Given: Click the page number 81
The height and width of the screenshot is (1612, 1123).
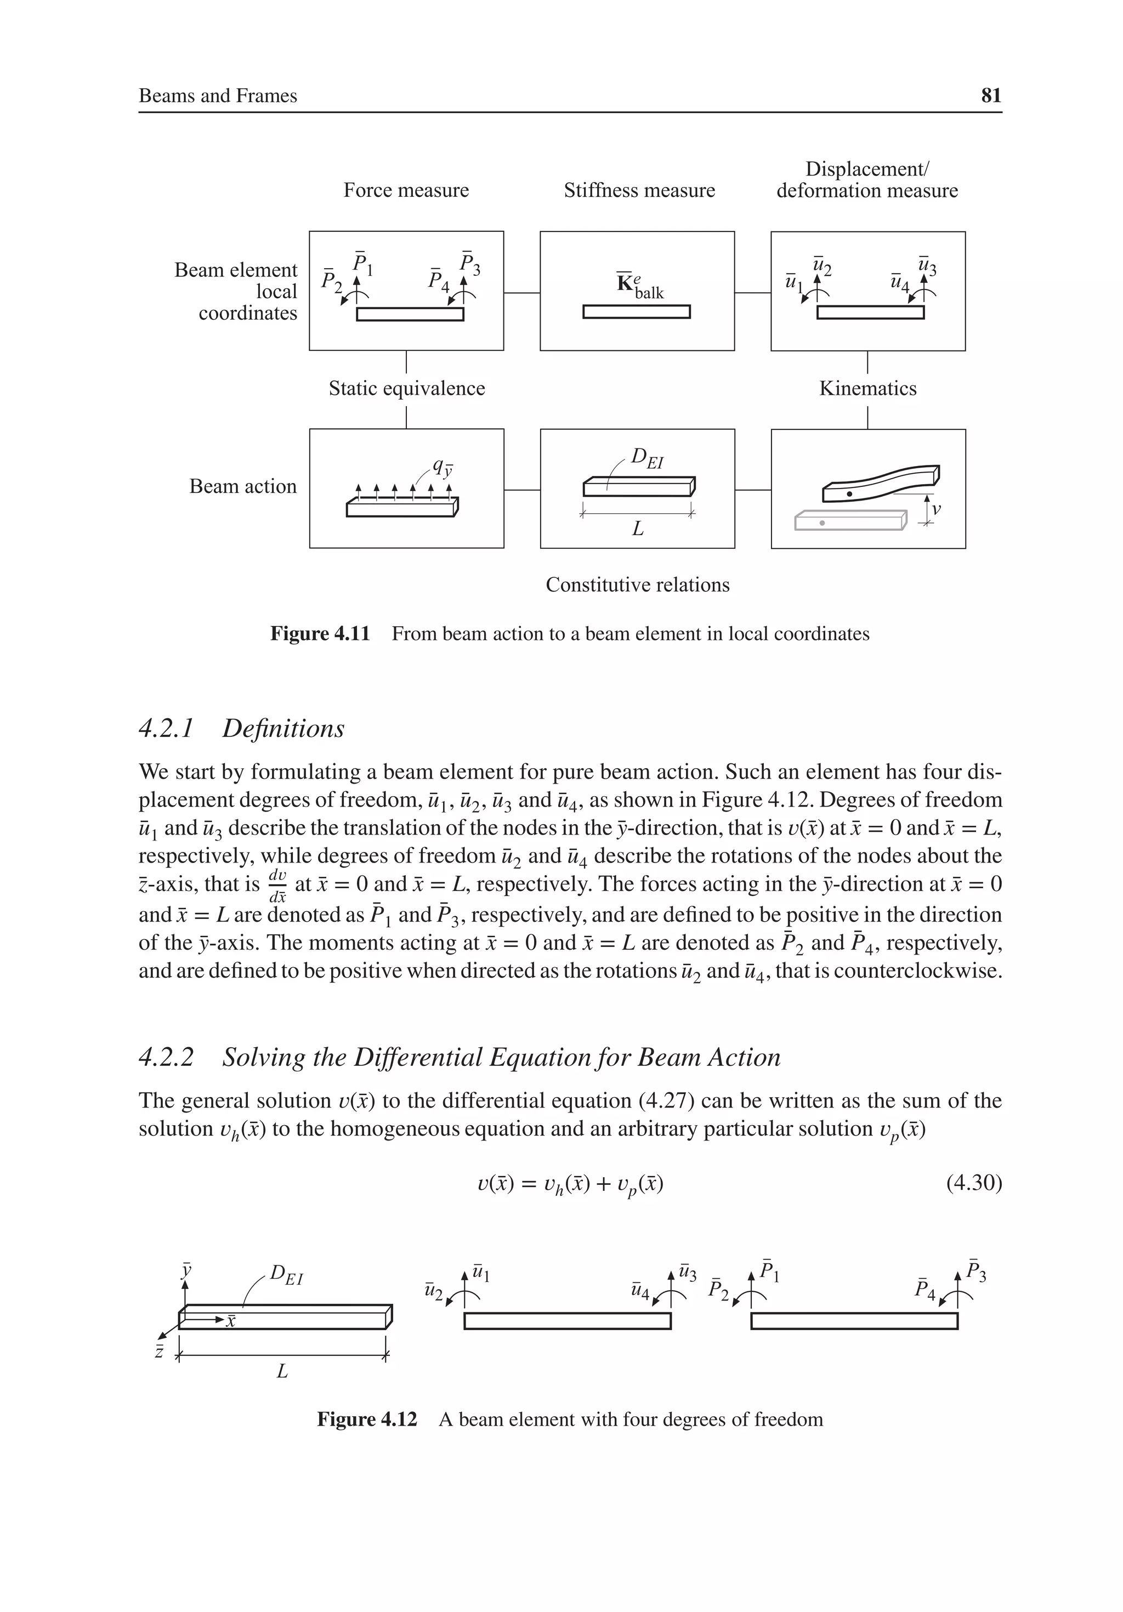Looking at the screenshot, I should coord(990,95).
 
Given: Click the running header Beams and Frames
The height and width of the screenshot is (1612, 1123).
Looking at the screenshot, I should coord(218,95).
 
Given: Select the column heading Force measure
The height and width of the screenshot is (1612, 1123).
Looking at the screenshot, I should coord(406,190).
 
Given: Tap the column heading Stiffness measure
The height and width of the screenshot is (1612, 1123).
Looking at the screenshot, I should coord(639,190).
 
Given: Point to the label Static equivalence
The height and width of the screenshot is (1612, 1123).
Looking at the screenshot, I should coord(407,388).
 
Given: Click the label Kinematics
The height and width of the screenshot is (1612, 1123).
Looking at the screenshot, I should coord(867,388).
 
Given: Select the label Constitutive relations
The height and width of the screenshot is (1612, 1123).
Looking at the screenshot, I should coord(638,585).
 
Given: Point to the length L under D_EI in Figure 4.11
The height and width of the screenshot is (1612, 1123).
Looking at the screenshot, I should coord(638,529).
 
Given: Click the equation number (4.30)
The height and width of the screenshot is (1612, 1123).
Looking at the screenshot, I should coord(973,1183).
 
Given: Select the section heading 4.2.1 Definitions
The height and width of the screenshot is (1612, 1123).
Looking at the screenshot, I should coord(242,728).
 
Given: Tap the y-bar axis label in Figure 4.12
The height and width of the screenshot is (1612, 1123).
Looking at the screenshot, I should coord(186,1269).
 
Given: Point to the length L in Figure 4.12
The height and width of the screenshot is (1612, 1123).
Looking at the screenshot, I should coord(282,1371).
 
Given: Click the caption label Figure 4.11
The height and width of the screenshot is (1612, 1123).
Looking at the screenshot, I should coord(320,634).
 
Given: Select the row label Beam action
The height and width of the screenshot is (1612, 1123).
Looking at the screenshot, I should coord(243,486).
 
